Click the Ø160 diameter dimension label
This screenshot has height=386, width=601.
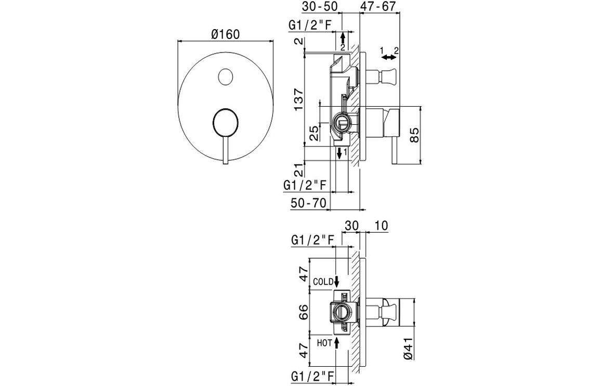225,34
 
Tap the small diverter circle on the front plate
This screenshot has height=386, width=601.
225,77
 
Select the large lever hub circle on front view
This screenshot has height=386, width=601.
225,123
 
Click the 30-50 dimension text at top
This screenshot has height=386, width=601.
320,7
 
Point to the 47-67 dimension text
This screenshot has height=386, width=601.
379,7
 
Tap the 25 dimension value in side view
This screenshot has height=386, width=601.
314,133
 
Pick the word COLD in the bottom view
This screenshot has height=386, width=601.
323,281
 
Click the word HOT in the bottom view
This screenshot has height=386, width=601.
324,342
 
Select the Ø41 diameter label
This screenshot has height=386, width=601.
409,348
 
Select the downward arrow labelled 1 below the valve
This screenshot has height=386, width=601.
339,153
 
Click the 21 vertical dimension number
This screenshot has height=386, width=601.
297,170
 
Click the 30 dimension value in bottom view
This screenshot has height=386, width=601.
351,225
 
